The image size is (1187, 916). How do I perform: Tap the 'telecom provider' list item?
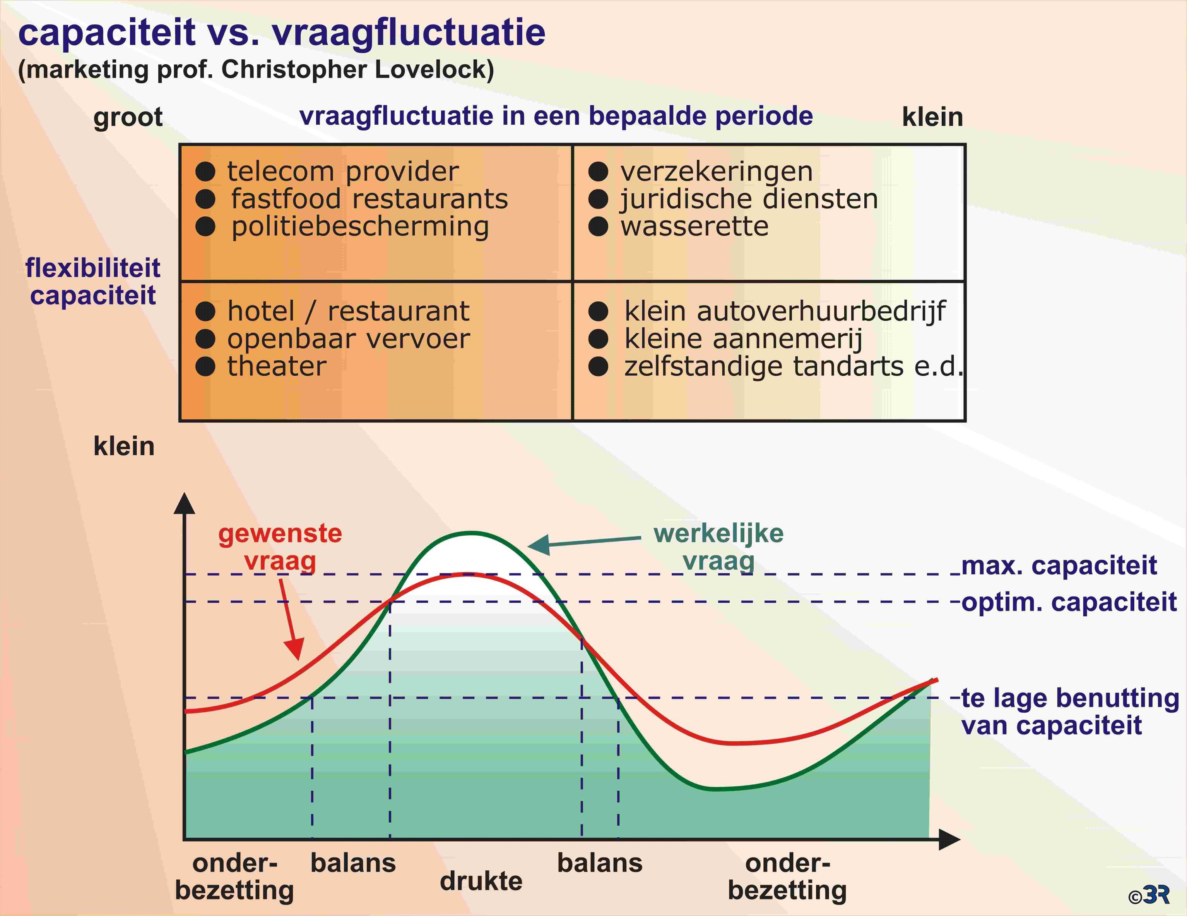[343, 172]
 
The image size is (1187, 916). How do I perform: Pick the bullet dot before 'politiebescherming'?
[205, 226]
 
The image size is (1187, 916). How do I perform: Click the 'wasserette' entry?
[694, 226]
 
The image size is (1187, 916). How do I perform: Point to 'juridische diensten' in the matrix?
[749, 199]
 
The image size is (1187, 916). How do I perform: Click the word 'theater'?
[277, 367]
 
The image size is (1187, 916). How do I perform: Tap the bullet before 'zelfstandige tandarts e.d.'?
[598, 367]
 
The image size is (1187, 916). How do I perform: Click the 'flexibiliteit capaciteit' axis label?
[93, 282]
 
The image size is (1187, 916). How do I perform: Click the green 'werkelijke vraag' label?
[718, 547]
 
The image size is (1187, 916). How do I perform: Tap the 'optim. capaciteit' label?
[1069, 603]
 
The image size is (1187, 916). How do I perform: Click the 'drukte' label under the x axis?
[481, 881]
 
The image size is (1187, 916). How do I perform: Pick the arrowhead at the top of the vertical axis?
[184, 503]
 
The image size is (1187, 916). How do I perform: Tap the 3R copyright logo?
[1148, 895]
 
